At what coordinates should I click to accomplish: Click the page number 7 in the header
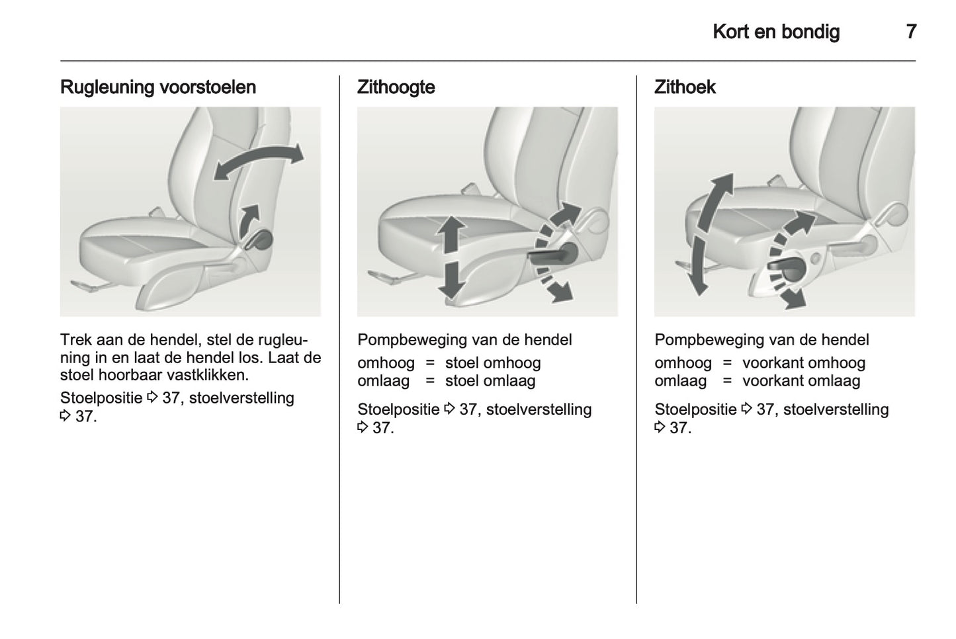[x=911, y=32]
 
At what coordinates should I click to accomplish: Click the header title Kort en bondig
[x=776, y=32]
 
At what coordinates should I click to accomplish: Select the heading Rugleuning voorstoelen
[x=158, y=87]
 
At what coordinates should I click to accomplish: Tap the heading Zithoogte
[x=396, y=87]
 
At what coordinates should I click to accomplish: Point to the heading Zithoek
[x=685, y=87]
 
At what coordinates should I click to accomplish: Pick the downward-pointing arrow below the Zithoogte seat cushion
[x=451, y=280]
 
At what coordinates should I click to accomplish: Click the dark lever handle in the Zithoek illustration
[x=788, y=269]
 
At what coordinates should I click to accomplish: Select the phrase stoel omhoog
[x=493, y=363]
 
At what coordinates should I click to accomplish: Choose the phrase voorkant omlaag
[x=801, y=381]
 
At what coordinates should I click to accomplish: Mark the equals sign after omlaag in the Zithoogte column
[x=430, y=381]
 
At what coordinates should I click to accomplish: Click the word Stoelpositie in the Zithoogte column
[x=398, y=409]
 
